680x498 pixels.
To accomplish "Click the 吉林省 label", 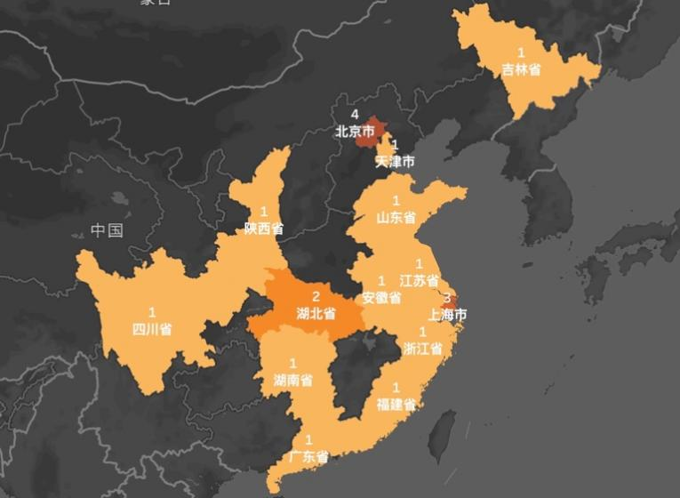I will click(521, 69).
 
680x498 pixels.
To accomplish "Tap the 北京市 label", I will click(355, 131).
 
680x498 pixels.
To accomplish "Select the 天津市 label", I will click(395, 162).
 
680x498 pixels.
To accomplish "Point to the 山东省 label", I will click(396, 216).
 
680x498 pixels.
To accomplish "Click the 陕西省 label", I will click(264, 228).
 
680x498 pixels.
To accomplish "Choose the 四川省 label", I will click(152, 328).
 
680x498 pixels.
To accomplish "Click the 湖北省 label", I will click(316, 312).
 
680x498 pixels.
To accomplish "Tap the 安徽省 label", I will click(382, 298).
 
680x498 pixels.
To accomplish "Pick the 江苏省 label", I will click(419, 280).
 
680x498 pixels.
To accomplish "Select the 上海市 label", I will click(447, 314).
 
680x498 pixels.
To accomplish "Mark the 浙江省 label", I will click(422, 348).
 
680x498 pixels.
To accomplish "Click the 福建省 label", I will click(396, 404).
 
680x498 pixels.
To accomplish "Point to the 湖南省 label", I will click(292, 380).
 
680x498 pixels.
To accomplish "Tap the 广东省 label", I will click(308, 457).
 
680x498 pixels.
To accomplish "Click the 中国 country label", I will click(107, 231).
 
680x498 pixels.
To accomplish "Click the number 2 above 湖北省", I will click(316, 296).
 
